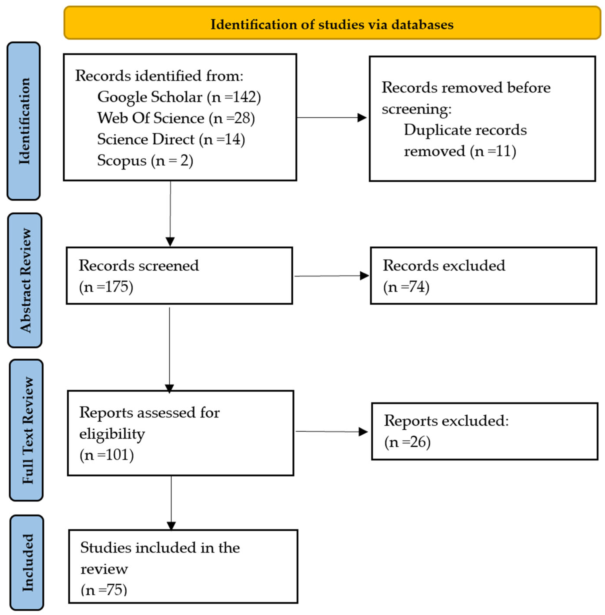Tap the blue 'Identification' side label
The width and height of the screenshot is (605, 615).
pos(24,121)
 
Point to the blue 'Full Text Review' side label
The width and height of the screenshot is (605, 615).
pos(26,430)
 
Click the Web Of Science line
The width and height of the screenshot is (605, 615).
pos(176,118)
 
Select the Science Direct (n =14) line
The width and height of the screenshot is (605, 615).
pos(171,139)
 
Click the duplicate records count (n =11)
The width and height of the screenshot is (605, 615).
pos(493,151)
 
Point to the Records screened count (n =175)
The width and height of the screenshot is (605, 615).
pos(106,287)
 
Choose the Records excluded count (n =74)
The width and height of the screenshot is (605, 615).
pos(406,287)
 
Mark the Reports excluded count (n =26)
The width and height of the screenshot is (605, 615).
pos(407,442)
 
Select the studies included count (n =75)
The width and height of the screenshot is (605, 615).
pos(104,590)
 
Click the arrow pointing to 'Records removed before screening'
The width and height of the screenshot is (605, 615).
pos(332,118)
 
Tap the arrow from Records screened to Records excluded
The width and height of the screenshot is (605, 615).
pos(332,276)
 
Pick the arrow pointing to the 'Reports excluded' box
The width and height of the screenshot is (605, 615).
pos(332,431)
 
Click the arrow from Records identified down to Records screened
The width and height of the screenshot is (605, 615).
pos(170,214)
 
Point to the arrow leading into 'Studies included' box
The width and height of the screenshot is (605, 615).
pos(171,503)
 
